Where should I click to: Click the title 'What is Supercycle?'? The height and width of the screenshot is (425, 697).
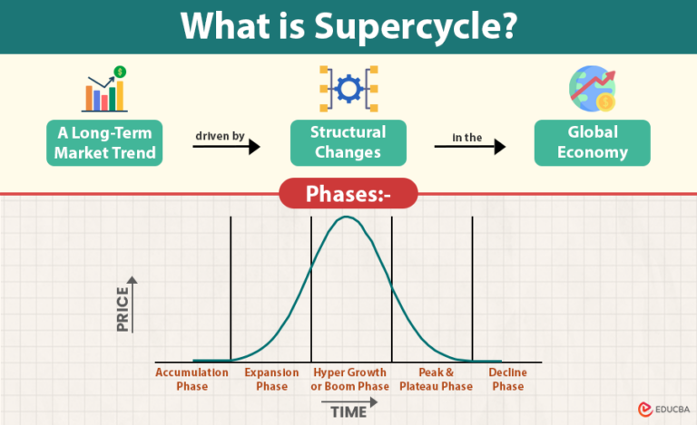tap(348, 26)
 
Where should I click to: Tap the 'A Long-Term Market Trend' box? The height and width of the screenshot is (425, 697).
tap(105, 142)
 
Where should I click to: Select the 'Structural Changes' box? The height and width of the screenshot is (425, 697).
tap(348, 142)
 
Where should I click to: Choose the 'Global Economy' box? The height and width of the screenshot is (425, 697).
tap(593, 142)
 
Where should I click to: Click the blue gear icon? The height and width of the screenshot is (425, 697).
tap(348, 89)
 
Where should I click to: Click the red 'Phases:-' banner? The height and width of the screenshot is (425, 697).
tap(348, 193)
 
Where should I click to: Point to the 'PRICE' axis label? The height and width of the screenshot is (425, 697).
tap(123, 308)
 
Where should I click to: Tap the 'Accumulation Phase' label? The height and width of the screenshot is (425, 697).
tap(192, 379)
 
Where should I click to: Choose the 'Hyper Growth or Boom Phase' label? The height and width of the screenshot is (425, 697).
tap(349, 379)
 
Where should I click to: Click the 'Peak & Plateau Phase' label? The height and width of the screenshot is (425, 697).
tap(436, 379)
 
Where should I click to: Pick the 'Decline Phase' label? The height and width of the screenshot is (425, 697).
tap(507, 379)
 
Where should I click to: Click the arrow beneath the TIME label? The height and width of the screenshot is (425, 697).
tap(344, 402)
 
